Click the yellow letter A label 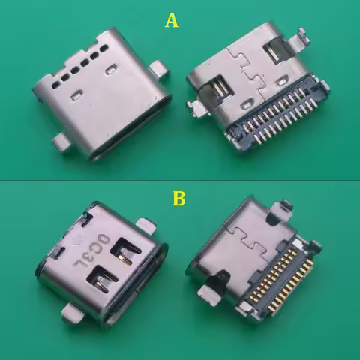(x=172, y=20)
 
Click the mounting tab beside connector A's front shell (x=158, y=69)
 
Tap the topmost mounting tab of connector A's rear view (x=301, y=35)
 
